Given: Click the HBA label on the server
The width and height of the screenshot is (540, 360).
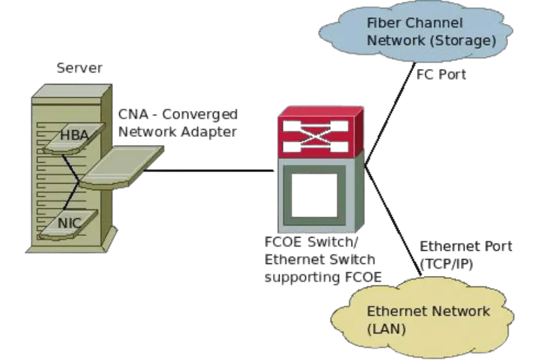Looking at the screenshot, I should (74, 136).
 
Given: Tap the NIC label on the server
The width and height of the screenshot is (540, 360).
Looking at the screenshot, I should (70, 223).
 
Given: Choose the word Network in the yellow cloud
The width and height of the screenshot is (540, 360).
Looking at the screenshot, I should (462, 311).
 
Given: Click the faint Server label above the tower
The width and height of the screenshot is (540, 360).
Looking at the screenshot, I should (79, 68).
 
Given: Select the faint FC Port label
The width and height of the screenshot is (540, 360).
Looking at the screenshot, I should (442, 76).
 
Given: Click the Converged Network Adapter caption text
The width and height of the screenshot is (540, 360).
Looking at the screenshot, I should (177, 122).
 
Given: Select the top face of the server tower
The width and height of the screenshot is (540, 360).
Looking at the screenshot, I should (72, 91).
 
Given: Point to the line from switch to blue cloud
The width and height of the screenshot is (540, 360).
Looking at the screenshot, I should (390, 114).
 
